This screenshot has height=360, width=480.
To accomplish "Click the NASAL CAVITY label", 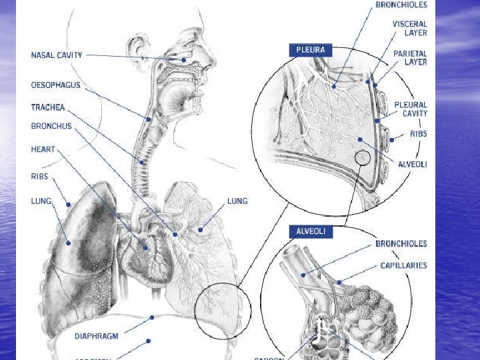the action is (x=57, y=55).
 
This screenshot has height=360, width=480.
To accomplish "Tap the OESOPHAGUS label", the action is (x=56, y=85).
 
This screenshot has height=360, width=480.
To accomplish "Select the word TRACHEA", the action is (x=48, y=107).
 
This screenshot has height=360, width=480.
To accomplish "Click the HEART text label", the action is (x=43, y=149).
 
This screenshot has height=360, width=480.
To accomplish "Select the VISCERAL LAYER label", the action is (x=409, y=28).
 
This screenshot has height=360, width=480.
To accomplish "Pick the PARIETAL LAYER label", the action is (x=411, y=57).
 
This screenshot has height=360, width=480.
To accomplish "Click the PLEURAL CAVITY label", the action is (x=411, y=109).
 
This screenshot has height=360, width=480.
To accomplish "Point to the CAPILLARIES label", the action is (x=403, y=265).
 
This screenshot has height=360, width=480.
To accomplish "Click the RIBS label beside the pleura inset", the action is (x=419, y=134).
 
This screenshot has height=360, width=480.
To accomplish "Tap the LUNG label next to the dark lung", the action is (x=41, y=200).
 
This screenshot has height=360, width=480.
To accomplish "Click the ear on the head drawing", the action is (x=138, y=50).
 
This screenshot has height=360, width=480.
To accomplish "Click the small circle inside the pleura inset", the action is (x=362, y=157).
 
